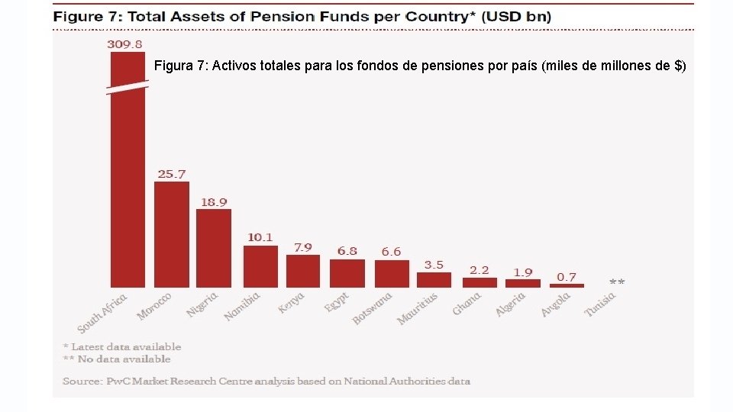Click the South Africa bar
(128, 191)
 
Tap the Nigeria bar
(214, 248)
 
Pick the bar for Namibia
(260, 266)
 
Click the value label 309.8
(126, 44)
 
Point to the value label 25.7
(172, 174)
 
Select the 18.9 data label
(214, 202)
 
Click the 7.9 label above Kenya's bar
(303, 248)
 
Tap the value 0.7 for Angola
(567, 276)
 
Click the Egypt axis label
(337, 302)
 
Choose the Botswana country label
(373, 308)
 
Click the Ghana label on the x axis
(467, 304)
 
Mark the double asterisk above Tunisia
(617, 282)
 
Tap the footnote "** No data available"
(117, 359)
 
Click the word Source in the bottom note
(79, 381)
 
